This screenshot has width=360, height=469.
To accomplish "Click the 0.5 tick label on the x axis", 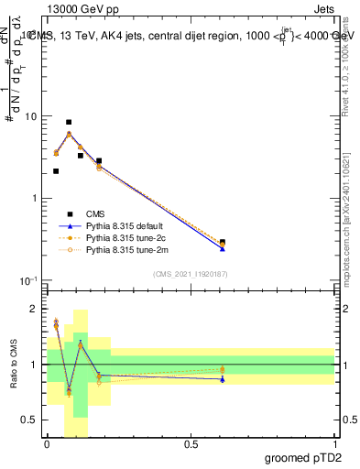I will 191,444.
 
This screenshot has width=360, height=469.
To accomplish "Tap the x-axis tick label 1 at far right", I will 334,444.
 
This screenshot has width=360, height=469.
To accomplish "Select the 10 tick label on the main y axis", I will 31,117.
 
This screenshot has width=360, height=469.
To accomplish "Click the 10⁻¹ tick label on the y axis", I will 28,280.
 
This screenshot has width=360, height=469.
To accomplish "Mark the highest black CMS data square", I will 69,122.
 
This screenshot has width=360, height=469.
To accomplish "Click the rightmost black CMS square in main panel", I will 223,242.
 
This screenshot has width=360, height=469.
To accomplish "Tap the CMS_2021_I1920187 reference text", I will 190,273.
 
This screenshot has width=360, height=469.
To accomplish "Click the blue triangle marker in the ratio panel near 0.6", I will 223,378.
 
